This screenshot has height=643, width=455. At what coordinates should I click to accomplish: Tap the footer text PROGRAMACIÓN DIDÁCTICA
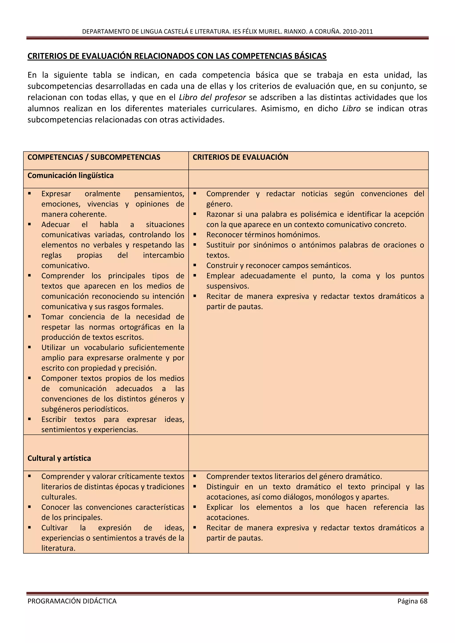pyautogui.click(x=72, y=601)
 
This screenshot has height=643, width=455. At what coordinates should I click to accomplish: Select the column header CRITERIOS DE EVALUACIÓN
pyautogui.click(x=240, y=157)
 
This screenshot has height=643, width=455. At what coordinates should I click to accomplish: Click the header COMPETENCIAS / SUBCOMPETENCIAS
pyautogui.click(x=94, y=157)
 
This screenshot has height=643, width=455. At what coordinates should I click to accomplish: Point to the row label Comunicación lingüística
pyautogui.click(x=71, y=176)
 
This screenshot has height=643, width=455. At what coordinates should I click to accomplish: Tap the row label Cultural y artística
pyautogui.click(x=59, y=458)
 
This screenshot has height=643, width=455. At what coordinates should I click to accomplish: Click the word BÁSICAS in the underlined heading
pyautogui.click(x=310, y=56)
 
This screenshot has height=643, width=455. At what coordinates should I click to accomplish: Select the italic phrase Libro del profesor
pyautogui.click(x=212, y=97)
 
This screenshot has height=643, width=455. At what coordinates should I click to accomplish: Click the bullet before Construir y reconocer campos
pyautogui.click(x=195, y=265)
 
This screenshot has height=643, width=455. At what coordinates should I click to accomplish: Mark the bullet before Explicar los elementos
pyautogui.click(x=195, y=507)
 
